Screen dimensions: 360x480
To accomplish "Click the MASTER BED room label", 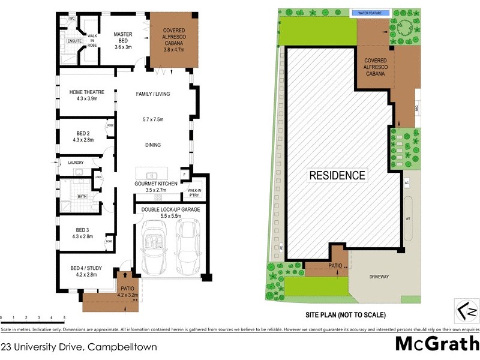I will [x=123, y=35].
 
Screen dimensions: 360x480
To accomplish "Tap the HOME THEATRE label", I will [x=87, y=92].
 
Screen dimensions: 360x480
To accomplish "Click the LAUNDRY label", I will [x=75, y=162].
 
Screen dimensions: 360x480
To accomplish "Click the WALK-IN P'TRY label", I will [x=195, y=193].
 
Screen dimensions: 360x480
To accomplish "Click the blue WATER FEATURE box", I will [x=371, y=12].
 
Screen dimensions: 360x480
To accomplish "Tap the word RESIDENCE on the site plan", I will [x=337, y=176].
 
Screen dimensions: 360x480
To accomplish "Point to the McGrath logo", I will [x=436, y=344].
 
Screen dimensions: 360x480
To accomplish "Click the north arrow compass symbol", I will [x=467, y=311].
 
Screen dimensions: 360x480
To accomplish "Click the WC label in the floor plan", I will [x=71, y=19].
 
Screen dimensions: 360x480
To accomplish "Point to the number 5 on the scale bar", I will [x=64, y=317].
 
